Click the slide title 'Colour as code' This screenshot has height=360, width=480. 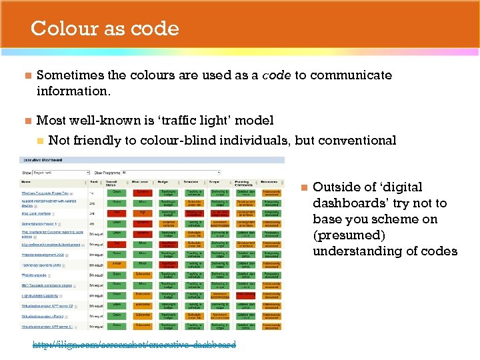(x=105, y=29)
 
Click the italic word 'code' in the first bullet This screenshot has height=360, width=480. (x=276, y=75)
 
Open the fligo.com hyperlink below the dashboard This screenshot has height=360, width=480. (x=134, y=345)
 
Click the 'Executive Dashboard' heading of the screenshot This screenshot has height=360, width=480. (x=43, y=160)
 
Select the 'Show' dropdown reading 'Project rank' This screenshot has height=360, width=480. (x=61, y=172)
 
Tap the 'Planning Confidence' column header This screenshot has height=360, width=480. (x=245, y=182)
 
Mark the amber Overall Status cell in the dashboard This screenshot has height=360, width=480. (x=117, y=264)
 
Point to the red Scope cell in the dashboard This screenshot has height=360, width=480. (x=220, y=213)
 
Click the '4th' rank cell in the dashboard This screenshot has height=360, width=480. (x=93, y=223)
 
